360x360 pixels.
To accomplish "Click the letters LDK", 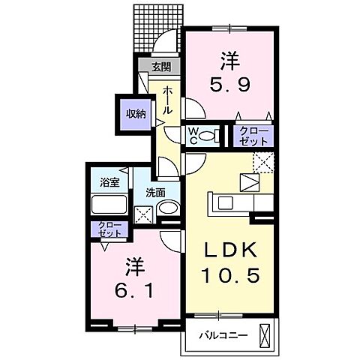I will coord(231,249).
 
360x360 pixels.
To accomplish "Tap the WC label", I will coord(193,136).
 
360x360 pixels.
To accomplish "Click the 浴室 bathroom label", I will coord(110,183).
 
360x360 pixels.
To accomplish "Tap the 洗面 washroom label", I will coord(155,190).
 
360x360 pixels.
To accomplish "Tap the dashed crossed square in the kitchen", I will coord(263,161).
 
